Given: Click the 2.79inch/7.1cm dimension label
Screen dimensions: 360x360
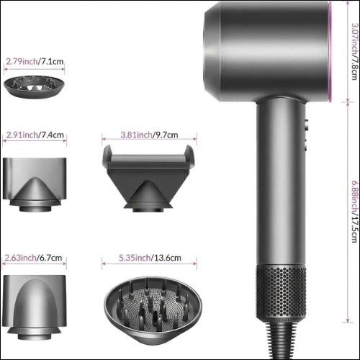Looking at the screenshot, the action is coord(35,61).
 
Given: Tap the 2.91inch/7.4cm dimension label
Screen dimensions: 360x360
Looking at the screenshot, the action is coord(35,135).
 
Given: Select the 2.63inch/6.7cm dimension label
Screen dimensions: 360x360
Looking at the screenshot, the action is coord(33,258).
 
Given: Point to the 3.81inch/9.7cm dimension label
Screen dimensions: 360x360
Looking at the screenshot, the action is coord(149,135).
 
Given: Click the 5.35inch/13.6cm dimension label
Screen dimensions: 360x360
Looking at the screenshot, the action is coord(150,258).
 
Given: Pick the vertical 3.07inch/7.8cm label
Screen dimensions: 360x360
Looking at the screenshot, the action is coord(354,51).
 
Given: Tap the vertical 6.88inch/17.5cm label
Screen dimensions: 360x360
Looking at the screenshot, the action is coord(354,212).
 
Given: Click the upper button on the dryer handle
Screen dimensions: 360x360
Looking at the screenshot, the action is coord(307,125).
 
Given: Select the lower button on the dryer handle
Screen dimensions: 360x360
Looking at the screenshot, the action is coord(307,145).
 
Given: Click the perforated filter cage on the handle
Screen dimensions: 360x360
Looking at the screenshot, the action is coord(281,294).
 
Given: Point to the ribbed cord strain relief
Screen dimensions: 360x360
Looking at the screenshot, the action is coord(281,341).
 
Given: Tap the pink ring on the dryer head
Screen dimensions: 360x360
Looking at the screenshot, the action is coord(330,52).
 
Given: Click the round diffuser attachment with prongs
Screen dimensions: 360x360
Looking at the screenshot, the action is coord(153,310).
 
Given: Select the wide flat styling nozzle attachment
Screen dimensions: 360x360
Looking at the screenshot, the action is coord(148,179).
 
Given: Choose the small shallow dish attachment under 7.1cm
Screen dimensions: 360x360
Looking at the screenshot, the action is coord(35,86).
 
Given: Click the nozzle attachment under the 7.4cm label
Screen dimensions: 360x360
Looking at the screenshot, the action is coord(35,184).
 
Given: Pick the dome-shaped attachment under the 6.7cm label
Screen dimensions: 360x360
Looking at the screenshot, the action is coord(35,307).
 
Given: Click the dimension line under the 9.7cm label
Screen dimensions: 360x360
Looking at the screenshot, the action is coord(149,139).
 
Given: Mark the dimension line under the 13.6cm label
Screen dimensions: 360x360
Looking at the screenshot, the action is coord(149,264).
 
